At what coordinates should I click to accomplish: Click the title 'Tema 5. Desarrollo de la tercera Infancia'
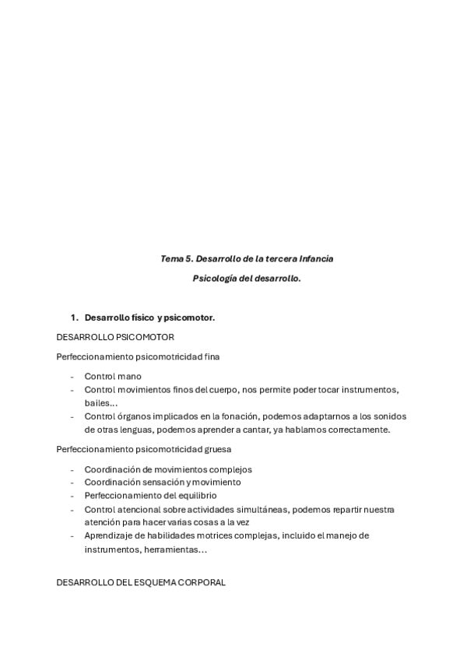tap(247, 258)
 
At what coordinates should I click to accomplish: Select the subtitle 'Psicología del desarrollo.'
tap(247, 277)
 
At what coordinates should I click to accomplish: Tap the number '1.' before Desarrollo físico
tap(75, 318)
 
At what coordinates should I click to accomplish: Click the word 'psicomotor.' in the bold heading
tap(189, 318)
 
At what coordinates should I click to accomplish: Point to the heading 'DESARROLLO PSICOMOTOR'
tap(115, 336)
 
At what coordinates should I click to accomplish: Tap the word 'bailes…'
tap(101, 402)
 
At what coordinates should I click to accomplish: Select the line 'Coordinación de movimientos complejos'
tap(168, 469)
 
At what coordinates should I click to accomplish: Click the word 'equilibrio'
tap(195, 496)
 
